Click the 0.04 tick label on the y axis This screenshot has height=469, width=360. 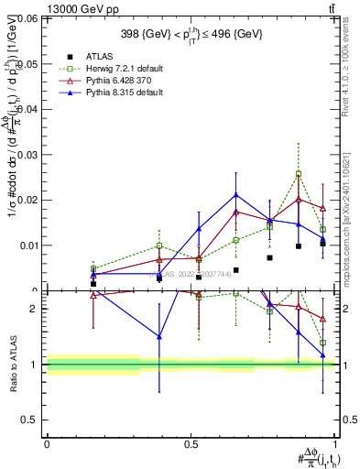point(29,108)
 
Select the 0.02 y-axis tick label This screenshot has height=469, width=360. point(29,200)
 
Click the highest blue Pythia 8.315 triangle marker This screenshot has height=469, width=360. point(236,194)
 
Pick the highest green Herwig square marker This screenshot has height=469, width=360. point(299,174)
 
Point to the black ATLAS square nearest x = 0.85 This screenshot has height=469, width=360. point(299,246)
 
